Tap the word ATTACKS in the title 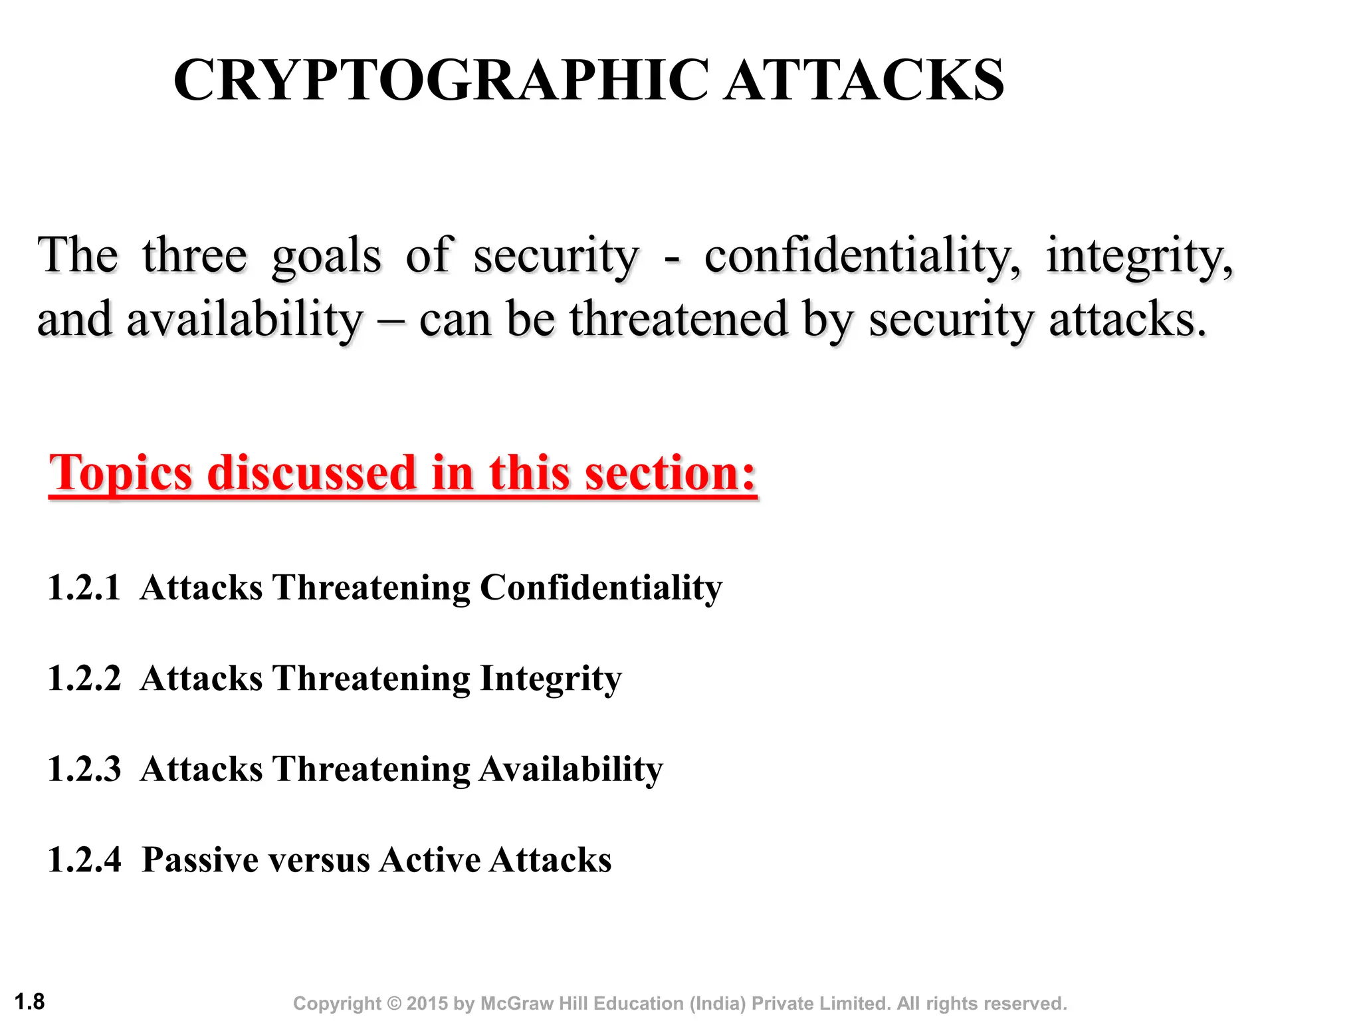(x=864, y=80)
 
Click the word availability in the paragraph (x=245, y=320)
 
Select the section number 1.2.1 (x=84, y=588)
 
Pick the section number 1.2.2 (x=84, y=679)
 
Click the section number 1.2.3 (x=84, y=769)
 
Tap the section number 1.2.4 (x=84, y=859)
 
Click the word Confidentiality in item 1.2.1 (x=601, y=588)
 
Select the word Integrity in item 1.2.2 (x=550, y=679)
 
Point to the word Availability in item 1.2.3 (x=571, y=770)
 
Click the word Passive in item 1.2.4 (x=199, y=859)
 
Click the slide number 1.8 (x=30, y=1001)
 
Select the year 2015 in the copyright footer (x=427, y=1004)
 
